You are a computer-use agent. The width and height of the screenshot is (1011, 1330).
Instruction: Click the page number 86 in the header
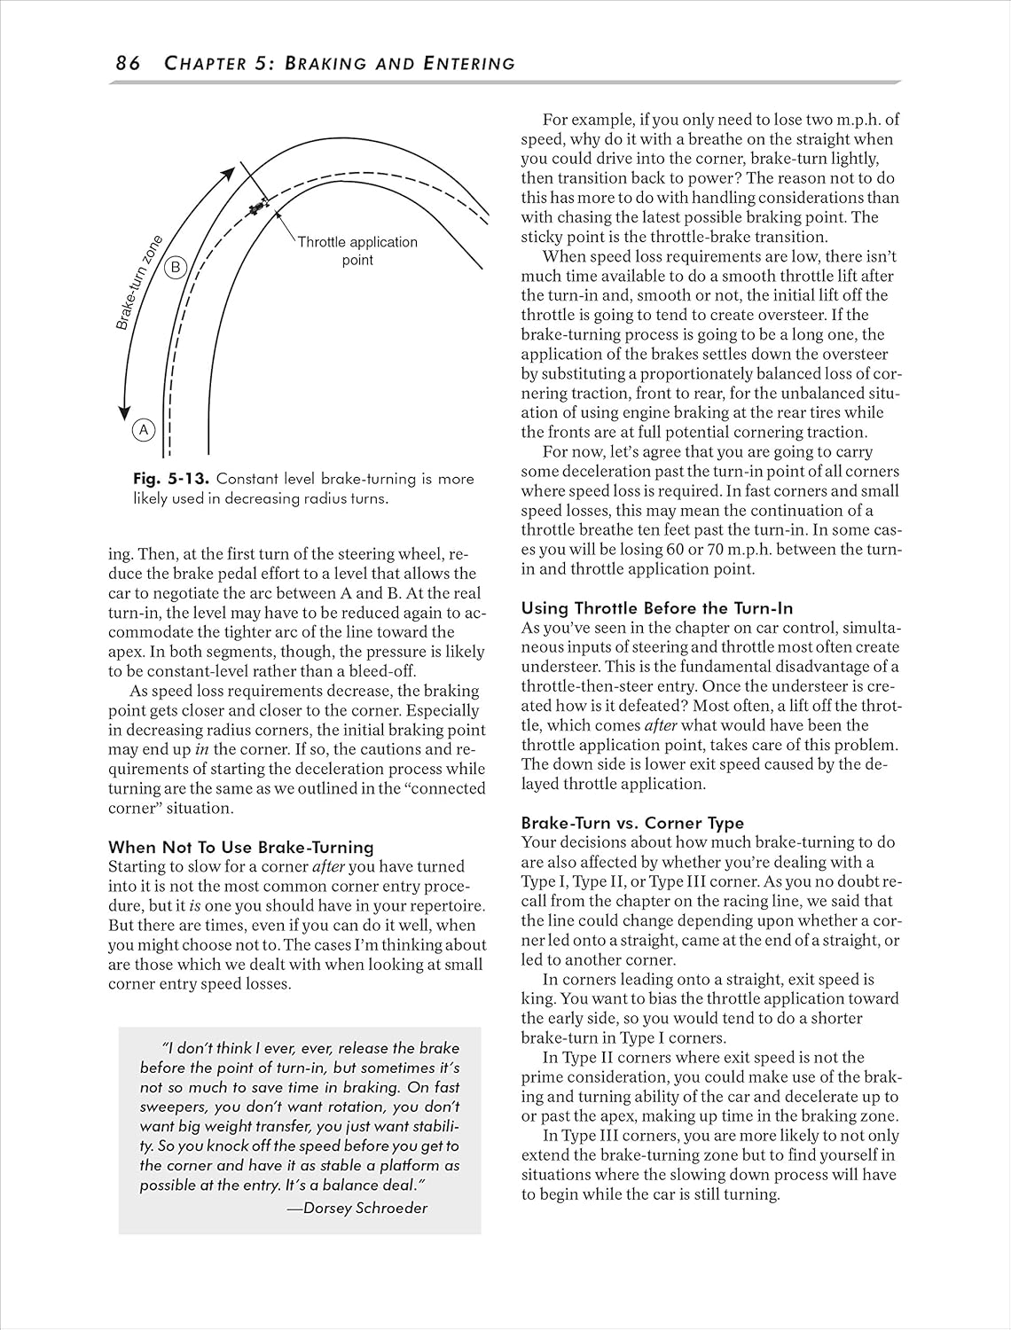coord(128,63)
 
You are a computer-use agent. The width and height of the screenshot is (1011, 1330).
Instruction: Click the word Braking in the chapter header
coord(341,63)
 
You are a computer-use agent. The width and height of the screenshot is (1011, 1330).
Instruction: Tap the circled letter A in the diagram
coord(144,431)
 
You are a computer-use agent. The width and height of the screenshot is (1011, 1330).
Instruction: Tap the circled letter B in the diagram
coord(176,267)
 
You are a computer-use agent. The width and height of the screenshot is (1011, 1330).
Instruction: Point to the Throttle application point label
coord(357,251)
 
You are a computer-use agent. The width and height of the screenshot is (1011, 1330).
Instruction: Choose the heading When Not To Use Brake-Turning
coord(241,847)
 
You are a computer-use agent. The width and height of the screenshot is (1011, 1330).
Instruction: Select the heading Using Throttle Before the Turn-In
coord(656,608)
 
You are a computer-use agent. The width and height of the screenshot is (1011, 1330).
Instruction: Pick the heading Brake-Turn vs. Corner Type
coord(632,823)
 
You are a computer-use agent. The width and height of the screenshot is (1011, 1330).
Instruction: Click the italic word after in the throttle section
coord(660,725)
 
